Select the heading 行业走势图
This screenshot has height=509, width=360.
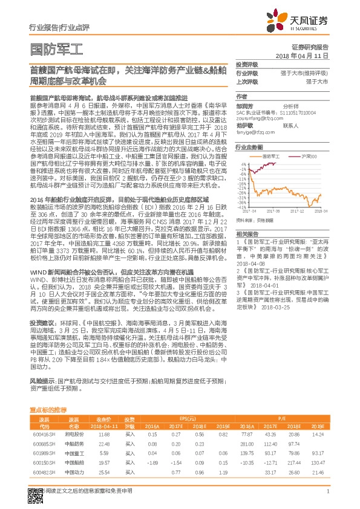point(249,147)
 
